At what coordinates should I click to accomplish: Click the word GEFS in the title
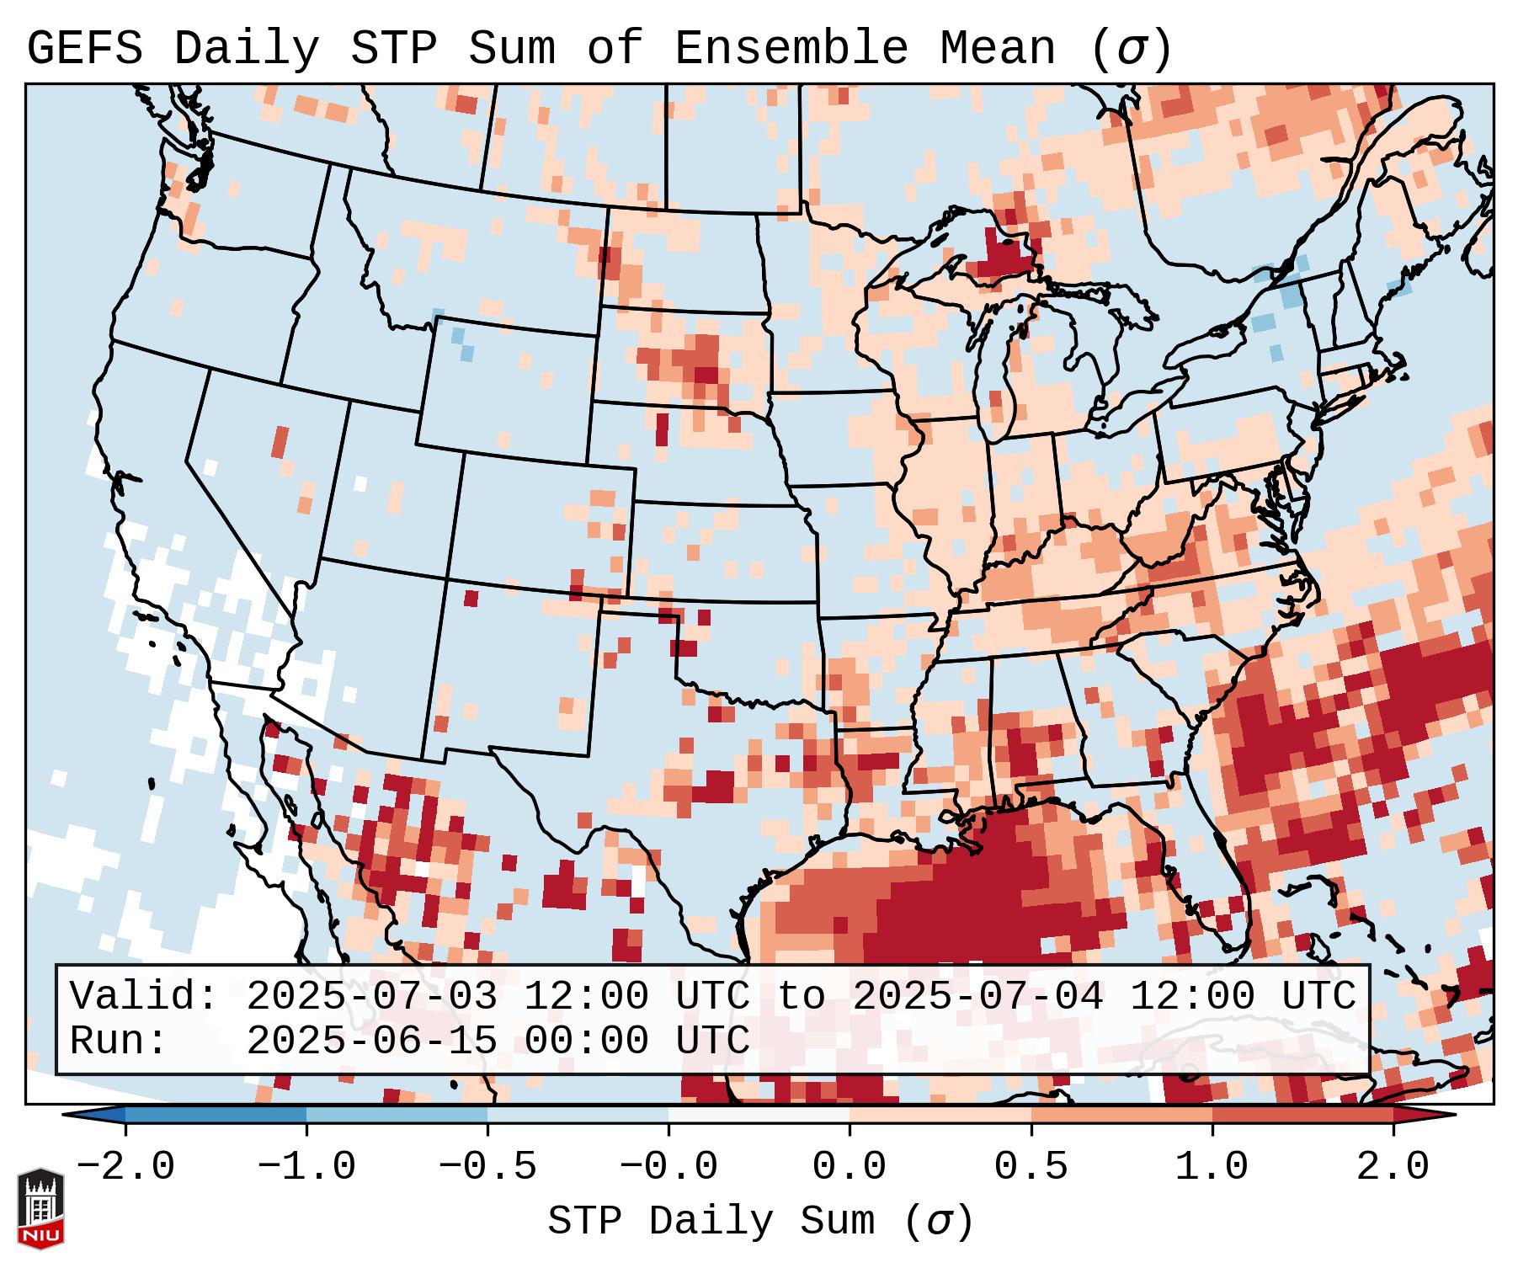pyautogui.click(x=84, y=49)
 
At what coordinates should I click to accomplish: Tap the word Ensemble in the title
pyautogui.click(x=791, y=49)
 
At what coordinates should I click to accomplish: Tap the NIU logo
pyautogui.click(x=40, y=1208)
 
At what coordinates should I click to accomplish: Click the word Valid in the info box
pyautogui.click(x=143, y=996)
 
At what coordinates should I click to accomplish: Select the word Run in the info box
pyautogui.click(x=118, y=1041)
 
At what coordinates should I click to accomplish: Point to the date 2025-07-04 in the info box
pyautogui.click(x=977, y=996)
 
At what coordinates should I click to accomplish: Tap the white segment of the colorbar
pyautogui.click(x=759, y=1115)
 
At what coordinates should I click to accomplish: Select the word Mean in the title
pyautogui.click(x=998, y=49)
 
